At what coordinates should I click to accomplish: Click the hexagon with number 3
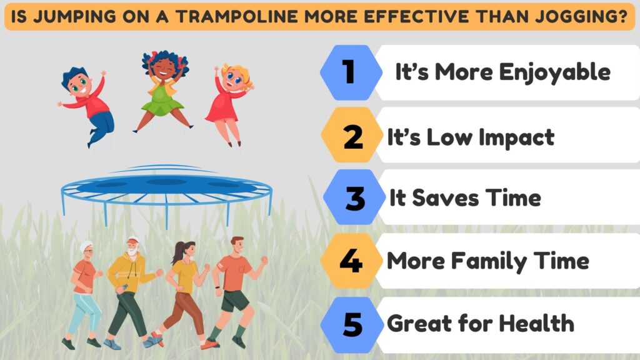tap(354, 197)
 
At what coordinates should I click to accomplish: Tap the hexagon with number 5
tap(351, 323)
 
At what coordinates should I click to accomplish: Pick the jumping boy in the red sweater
tap(89, 106)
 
